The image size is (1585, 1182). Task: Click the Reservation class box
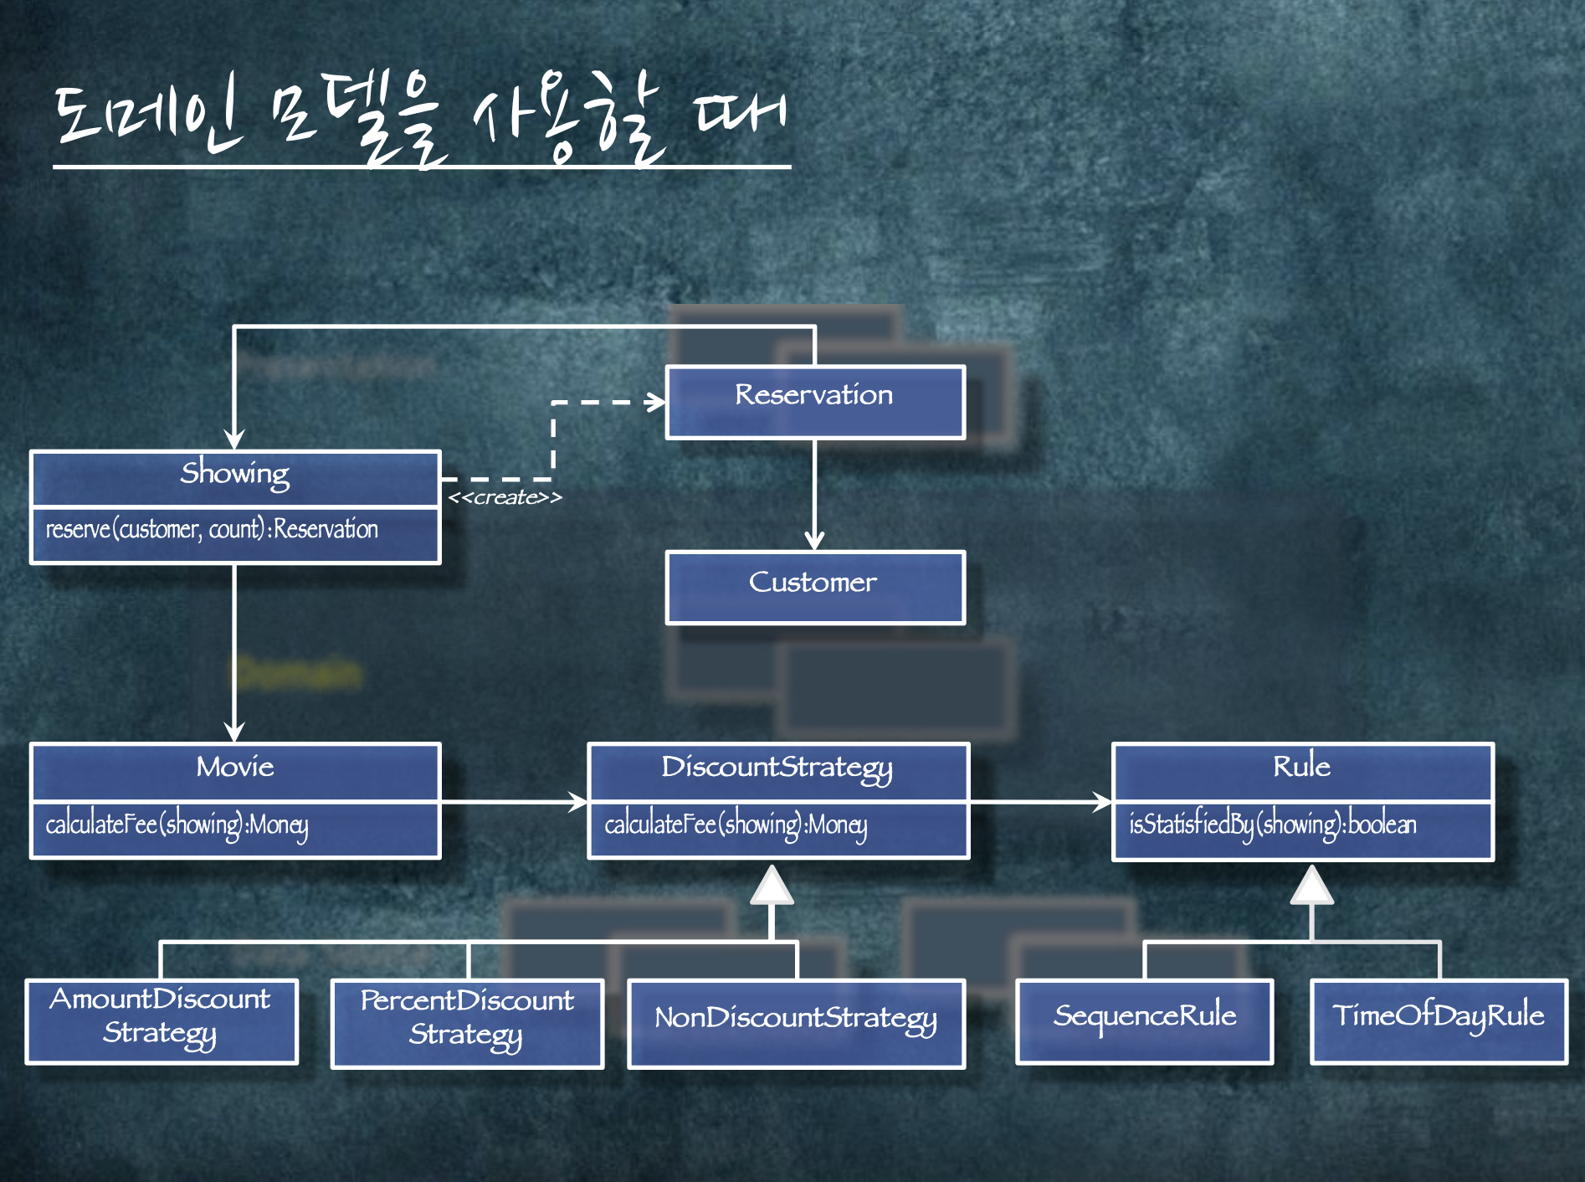click(x=815, y=402)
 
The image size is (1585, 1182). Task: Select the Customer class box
click(x=815, y=587)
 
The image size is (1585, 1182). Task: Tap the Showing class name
click(x=235, y=475)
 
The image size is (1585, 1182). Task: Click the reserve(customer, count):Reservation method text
click(x=212, y=530)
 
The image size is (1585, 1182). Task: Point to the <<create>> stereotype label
click(x=505, y=497)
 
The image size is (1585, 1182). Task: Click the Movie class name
click(x=235, y=768)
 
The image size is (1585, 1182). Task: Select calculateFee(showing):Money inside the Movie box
click(x=177, y=825)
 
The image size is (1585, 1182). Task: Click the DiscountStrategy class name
click(x=777, y=768)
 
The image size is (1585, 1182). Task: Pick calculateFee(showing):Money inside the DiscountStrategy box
click(x=736, y=825)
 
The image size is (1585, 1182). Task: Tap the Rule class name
click(x=1301, y=768)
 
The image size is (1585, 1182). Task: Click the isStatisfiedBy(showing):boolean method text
click(x=1272, y=825)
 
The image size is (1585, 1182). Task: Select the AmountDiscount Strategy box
click(x=162, y=1020)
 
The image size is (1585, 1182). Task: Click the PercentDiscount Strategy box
click(x=467, y=1022)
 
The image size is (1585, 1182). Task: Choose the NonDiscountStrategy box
click(x=796, y=1022)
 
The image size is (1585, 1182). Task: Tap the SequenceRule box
click(x=1144, y=1020)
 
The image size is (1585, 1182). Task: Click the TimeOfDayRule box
click(x=1438, y=1020)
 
